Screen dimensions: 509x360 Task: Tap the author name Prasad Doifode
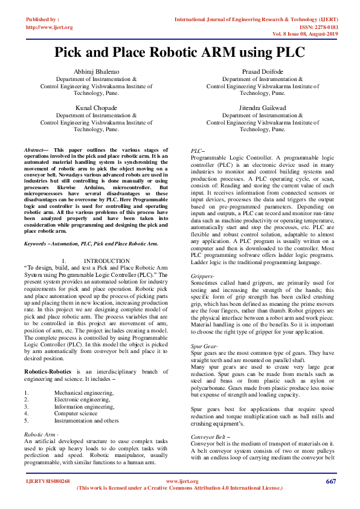pos(262,72)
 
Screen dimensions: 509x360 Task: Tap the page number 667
pos(330,481)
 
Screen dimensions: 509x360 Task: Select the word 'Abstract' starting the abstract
pos(34,149)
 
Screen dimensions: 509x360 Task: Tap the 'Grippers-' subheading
pos(202,276)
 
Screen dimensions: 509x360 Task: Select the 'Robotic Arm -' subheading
pos(41,434)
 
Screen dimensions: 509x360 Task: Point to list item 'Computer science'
pos(76,413)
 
